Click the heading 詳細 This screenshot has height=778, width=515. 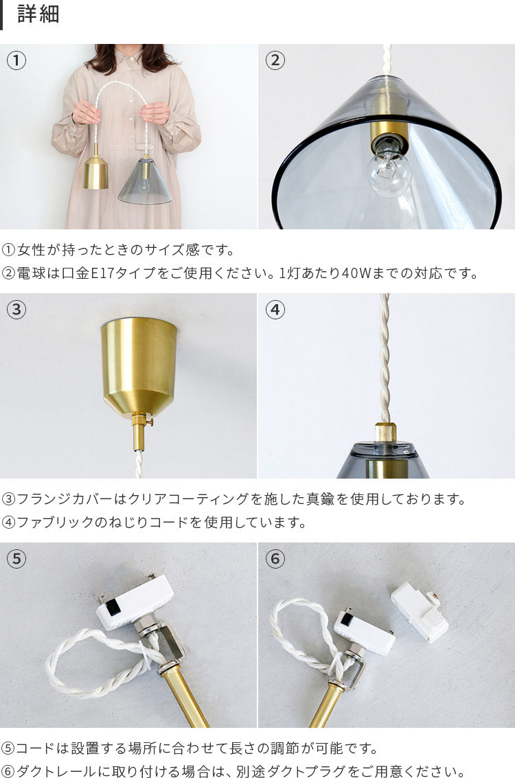point(38,14)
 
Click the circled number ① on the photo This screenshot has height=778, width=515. point(16,60)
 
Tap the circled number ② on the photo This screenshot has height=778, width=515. point(275,60)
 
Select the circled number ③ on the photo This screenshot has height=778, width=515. point(16,310)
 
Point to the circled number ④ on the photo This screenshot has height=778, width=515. point(275,310)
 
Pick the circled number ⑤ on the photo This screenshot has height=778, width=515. point(16,559)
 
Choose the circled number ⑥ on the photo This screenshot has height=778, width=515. point(275,559)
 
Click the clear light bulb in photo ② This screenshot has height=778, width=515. point(389,169)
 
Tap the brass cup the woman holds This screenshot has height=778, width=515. point(95,172)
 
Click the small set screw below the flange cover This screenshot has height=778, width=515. point(148,422)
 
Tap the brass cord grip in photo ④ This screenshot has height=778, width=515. point(385,432)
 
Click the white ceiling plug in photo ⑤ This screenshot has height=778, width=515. point(135,602)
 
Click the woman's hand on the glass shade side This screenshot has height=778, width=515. point(154,113)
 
